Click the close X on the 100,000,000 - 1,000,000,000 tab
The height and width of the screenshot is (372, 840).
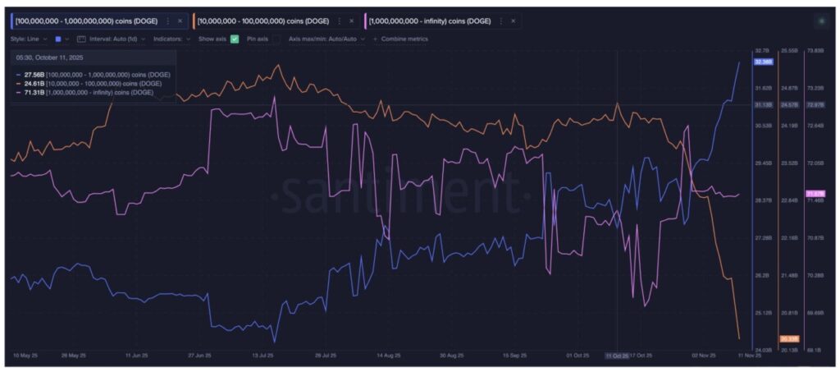pyautogui.click(x=180, y=21)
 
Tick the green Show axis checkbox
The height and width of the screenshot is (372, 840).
pyautogui.click(x=235, y=39)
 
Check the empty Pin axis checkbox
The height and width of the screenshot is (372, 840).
pyautogui.click(x=276, y=39)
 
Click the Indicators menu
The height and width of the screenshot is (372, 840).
pyautogui.click(x=171, y=39)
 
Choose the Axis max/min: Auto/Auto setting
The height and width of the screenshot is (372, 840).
pyautogui.click(x=323, y=39)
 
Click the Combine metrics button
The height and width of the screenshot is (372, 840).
pyautogui.click(x=399, y=39)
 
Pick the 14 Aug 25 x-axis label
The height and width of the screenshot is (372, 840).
pyautogui.click(x=388, y=356)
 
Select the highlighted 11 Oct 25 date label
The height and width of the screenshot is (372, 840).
pyautogui.click(x=617, y=356)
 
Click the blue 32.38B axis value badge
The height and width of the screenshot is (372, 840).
pyautogui.click(x=763, y=62)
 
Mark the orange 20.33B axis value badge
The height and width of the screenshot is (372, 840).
pyautogui.click(x=789, y=338)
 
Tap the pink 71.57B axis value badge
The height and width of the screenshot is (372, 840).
pyautogui.click(x=817, y=193)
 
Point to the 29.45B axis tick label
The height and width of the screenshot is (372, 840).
pyautogui.click(x=763, y=163)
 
